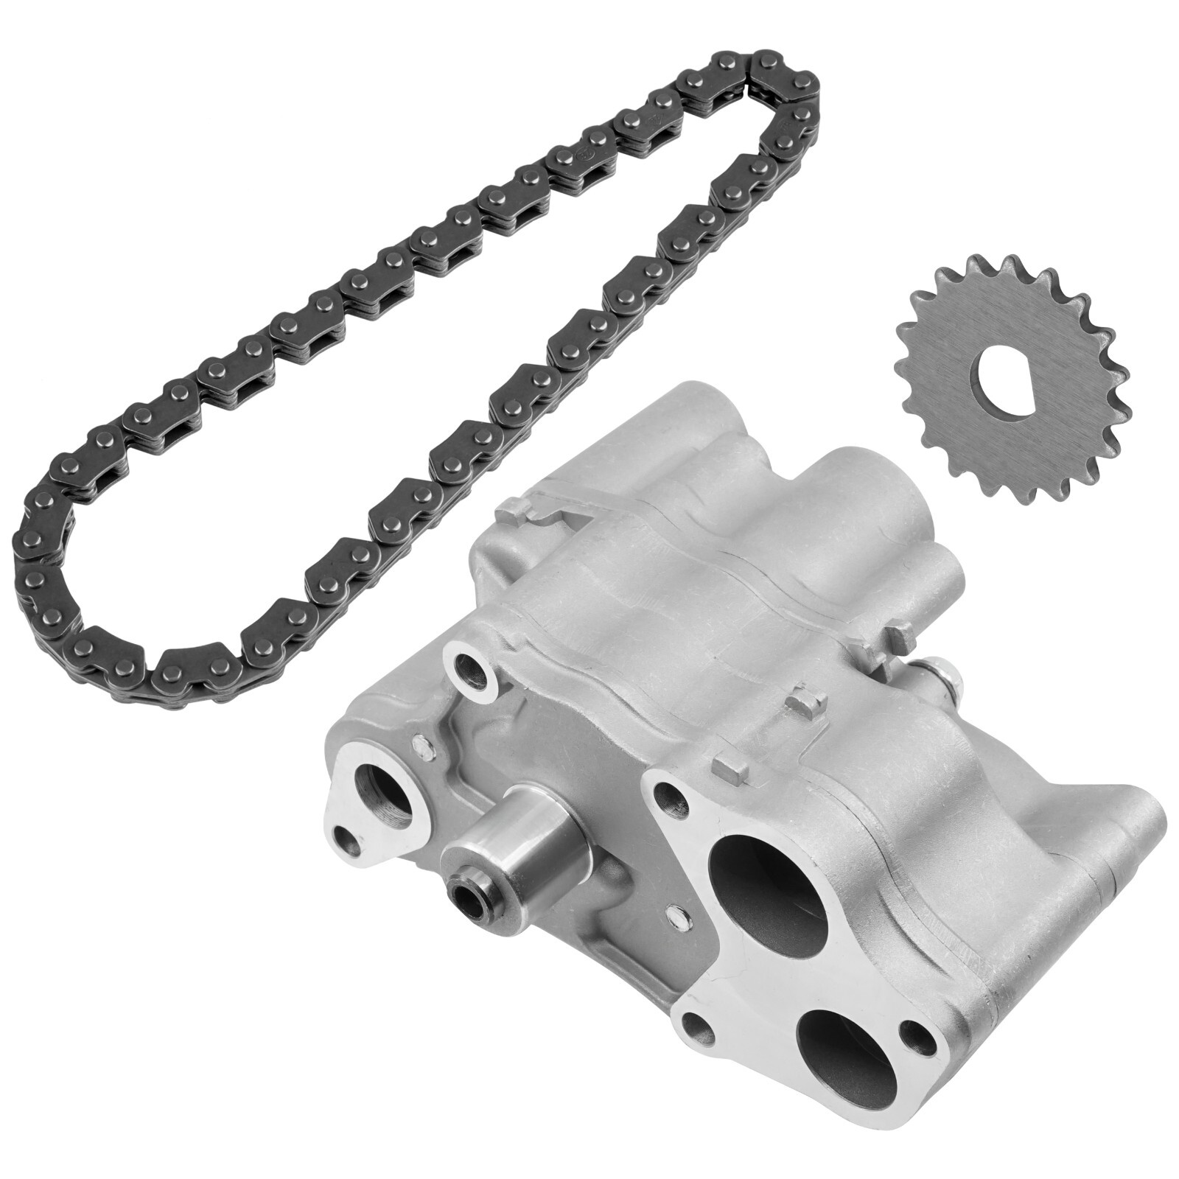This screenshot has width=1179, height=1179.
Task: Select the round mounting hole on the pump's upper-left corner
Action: pyautogui.click(x=468, y=668)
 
